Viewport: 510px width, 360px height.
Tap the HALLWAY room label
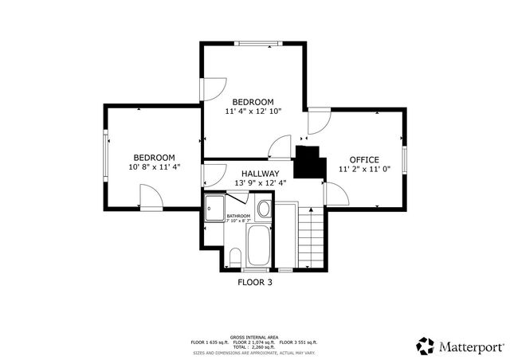click(261, 173)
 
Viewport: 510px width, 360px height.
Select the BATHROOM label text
click(238, 216)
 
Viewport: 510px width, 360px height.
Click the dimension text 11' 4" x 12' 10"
click(253, 112)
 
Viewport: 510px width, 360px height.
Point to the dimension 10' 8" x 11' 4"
click(154, 167)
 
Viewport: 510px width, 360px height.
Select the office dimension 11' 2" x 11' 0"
click(364, 169)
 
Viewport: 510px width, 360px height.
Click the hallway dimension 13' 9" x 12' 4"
click(261, 183)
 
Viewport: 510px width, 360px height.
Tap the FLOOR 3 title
click(255, 281)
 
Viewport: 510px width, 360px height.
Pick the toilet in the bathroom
click(235, 256)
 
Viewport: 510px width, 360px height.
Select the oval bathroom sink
click(264, 209)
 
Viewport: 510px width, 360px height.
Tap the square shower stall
click(214, 209)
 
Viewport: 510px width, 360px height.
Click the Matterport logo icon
click(425, 346)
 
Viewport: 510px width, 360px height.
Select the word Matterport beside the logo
click(470, 346)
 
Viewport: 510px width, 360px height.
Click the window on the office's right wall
click(404, 158)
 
